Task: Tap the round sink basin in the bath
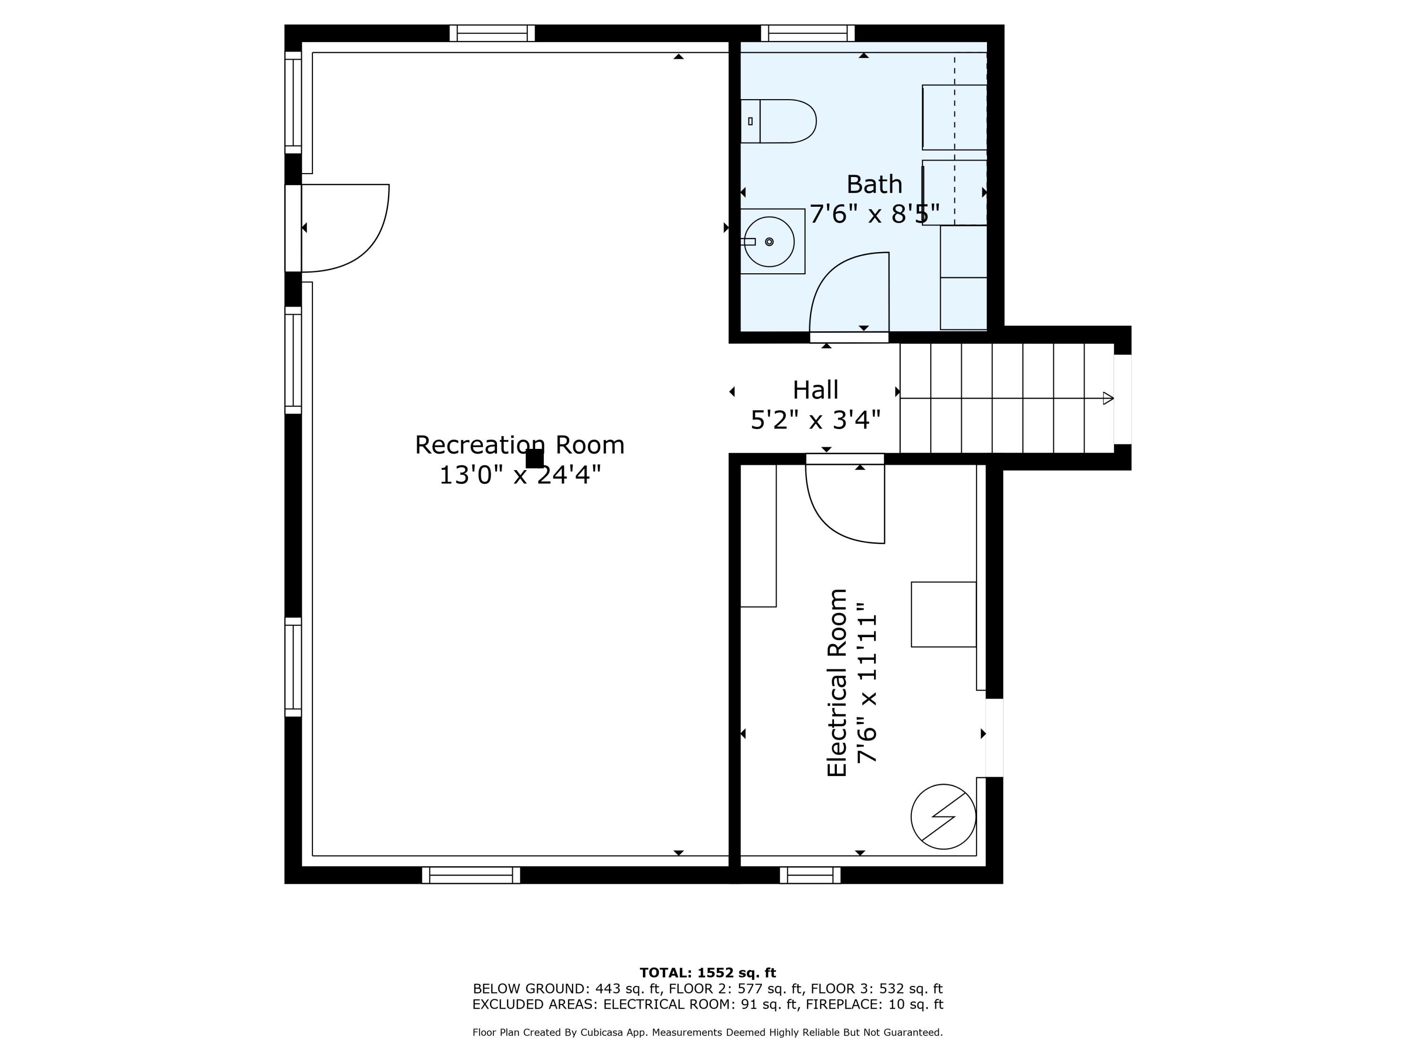coord(769,241)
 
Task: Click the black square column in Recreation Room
coord(534,458)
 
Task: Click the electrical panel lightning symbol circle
coord(943,817)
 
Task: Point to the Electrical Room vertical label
coord(837,683)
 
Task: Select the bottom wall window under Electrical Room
coord(810,875)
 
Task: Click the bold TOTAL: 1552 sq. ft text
coord(708,973)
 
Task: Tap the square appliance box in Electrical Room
coord(943,615)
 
